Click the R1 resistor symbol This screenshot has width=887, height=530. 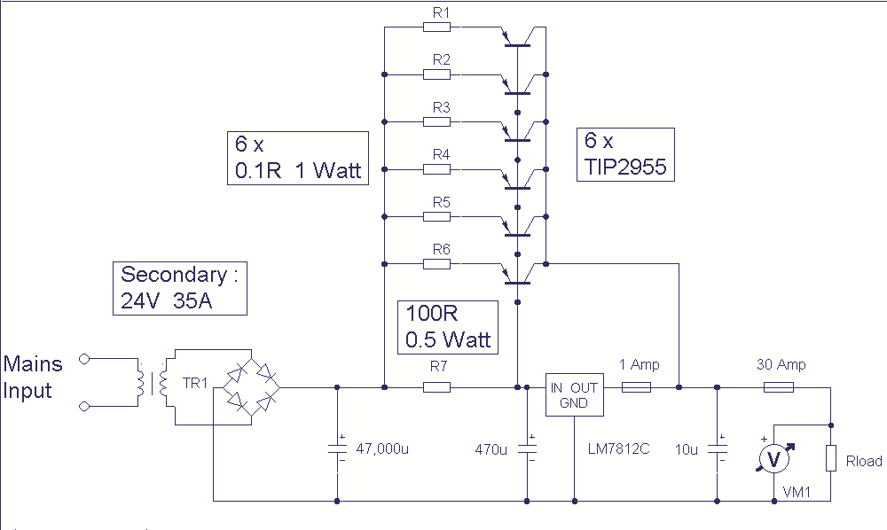tap(436, 27)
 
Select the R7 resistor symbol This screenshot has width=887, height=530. tap(436, 387)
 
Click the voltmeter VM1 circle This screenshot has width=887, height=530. tap(773, 458)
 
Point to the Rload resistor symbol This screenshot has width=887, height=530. tap(830, 457)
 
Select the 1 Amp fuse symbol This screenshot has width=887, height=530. tap(636, 387)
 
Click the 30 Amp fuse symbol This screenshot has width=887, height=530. tap(779, 387)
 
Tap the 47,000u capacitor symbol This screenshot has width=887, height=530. tap(337, 448)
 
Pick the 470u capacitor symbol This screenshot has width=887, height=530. tap(527, 448)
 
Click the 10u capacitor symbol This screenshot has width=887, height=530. tap(718, 448)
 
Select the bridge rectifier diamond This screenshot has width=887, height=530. tap(252, 387)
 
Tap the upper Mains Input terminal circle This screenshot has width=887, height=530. tap(84, 358)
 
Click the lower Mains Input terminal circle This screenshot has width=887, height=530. tap(84, 406)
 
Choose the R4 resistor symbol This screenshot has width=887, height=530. tap(436, 169)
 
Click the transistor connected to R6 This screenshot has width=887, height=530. tap(518, 275)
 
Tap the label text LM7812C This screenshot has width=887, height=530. tap(619, 449)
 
